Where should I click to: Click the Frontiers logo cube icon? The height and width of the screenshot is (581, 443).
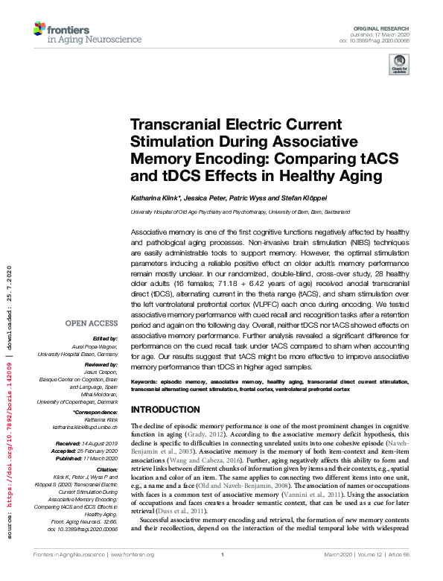pos(39,30)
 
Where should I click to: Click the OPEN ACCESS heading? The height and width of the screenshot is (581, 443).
pos(92,323)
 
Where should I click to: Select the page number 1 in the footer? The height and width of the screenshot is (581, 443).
pos(222,575)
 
